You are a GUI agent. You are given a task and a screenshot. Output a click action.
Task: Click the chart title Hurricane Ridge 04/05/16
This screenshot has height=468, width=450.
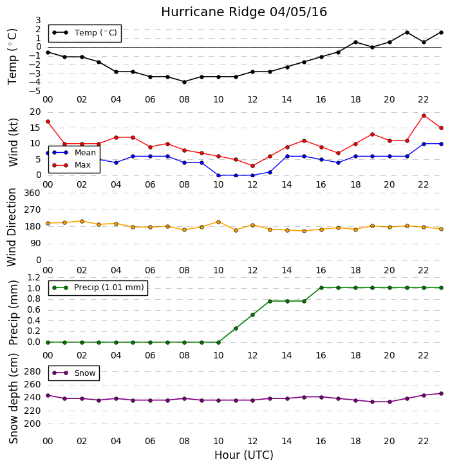244,12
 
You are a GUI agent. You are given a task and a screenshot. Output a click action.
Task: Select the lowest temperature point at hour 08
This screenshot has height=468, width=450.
185,82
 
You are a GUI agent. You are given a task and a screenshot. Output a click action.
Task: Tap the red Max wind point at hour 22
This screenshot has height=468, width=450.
424,115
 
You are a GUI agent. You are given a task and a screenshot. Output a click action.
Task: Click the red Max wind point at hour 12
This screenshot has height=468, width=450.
253,166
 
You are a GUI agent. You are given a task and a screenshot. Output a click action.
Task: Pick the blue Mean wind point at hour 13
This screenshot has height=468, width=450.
270,172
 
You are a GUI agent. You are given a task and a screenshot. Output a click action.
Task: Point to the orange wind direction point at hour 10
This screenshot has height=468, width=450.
218,222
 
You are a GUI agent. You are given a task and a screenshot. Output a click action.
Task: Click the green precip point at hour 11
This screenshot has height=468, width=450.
236,328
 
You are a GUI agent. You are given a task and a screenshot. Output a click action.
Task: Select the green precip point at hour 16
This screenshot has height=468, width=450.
321,288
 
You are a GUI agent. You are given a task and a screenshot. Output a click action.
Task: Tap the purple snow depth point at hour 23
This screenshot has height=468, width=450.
442,394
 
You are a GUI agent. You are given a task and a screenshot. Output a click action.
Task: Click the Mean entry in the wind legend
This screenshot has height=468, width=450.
74,153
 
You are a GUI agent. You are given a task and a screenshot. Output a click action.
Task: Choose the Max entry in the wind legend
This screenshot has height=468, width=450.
71,165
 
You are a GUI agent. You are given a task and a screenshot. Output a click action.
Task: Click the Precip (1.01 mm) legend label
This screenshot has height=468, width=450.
109,288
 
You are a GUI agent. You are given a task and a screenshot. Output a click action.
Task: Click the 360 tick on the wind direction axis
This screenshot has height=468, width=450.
32,193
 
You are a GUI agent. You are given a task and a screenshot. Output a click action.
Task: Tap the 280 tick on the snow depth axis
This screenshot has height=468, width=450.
32,371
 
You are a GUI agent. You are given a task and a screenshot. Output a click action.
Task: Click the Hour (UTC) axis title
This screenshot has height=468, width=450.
244,455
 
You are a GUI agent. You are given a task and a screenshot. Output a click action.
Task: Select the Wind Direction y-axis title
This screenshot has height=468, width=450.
12,227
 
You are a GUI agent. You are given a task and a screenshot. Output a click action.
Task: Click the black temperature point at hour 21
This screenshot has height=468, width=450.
407,32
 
